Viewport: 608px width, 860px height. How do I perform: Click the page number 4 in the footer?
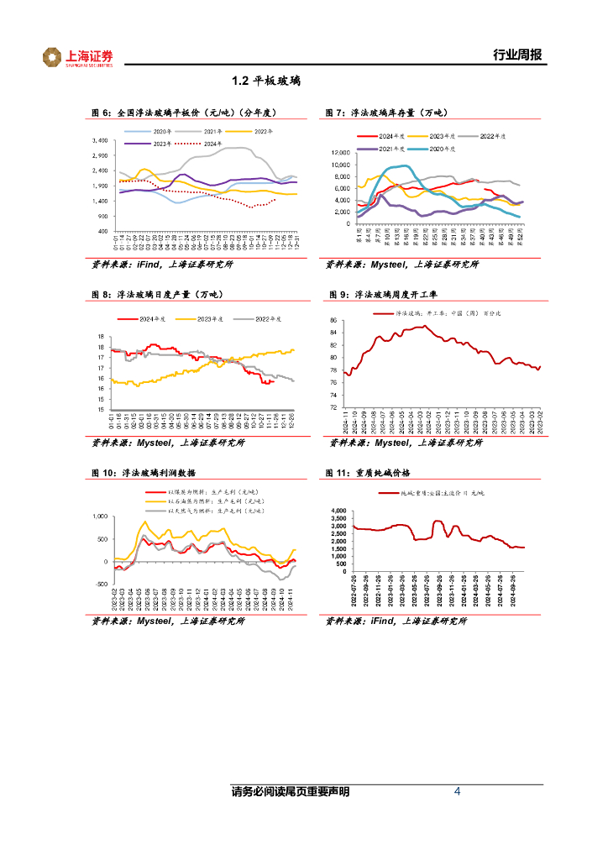(x=457, y=791)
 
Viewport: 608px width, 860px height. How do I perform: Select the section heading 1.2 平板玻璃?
(x=266, y=82)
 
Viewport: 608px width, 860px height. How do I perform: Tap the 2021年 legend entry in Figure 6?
(x=212, y=132)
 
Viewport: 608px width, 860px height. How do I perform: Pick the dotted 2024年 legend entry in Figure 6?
(x=212, y=144)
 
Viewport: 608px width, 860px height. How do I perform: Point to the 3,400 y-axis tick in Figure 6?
(x=99, y=140)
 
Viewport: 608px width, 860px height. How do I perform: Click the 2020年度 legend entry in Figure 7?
(x=443, y=149)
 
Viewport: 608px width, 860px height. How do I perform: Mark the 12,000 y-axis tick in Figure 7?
(x=341, y=153)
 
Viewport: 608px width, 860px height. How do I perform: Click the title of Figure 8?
(x=151, y=294)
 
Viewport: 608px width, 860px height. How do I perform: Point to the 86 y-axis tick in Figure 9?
(x=333, y=321)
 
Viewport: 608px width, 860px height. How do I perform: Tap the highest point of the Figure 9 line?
(x=425, y=326)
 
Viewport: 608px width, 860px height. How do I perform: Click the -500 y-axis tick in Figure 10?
(x=100, y=583)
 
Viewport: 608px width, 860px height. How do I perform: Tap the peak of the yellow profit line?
(x=144, y=522)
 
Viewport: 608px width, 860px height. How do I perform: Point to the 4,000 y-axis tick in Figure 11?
(x=338, y=511)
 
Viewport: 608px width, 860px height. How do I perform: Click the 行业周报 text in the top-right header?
(x=517, y=56)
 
